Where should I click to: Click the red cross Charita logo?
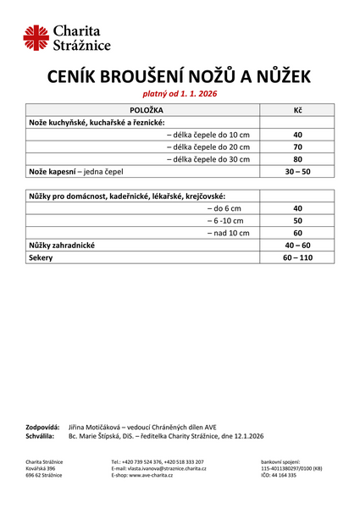click(x=36, y=37)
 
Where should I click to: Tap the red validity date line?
click(x=179, y=95)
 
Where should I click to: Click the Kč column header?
click(x=297, y=111)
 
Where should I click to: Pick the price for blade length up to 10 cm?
click(x=297, y=135)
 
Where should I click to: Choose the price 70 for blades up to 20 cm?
click(x=297, y=147)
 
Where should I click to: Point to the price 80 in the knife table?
click(x=297, y=159)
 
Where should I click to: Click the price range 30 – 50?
click(x=297, y=171)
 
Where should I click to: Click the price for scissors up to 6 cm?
click(x=297, y=208)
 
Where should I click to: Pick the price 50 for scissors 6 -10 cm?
click(x=297, y=220)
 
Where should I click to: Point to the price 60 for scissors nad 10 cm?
click(x=297, y=233)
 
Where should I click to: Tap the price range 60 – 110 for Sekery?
click(x=297, y=257)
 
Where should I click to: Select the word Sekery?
click(x=41, y=257)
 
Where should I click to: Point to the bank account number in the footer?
click(x=291, y=468)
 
